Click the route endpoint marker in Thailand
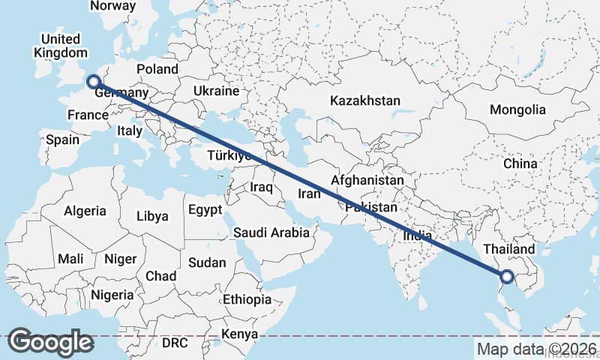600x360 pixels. click(506, 277)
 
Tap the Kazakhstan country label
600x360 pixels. click(364, 100)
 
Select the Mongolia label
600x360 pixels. click(517, 109)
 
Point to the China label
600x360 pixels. click(520, 163)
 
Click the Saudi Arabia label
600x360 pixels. click(271, 232)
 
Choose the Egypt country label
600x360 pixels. click(205, 209)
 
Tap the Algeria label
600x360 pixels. click(85, 211)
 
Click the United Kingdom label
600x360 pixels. click(61, 46)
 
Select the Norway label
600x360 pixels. click(112, 6)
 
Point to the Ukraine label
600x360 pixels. click(216, 91)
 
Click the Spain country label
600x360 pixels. click(62, 139)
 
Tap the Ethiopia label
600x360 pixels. click(247, 299)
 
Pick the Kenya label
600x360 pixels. click(240, 334)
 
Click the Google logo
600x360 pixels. click(50, 342)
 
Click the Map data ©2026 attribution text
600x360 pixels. click(537, 349)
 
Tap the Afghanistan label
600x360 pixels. click(367, 181)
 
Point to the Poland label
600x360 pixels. click(157, 69)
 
